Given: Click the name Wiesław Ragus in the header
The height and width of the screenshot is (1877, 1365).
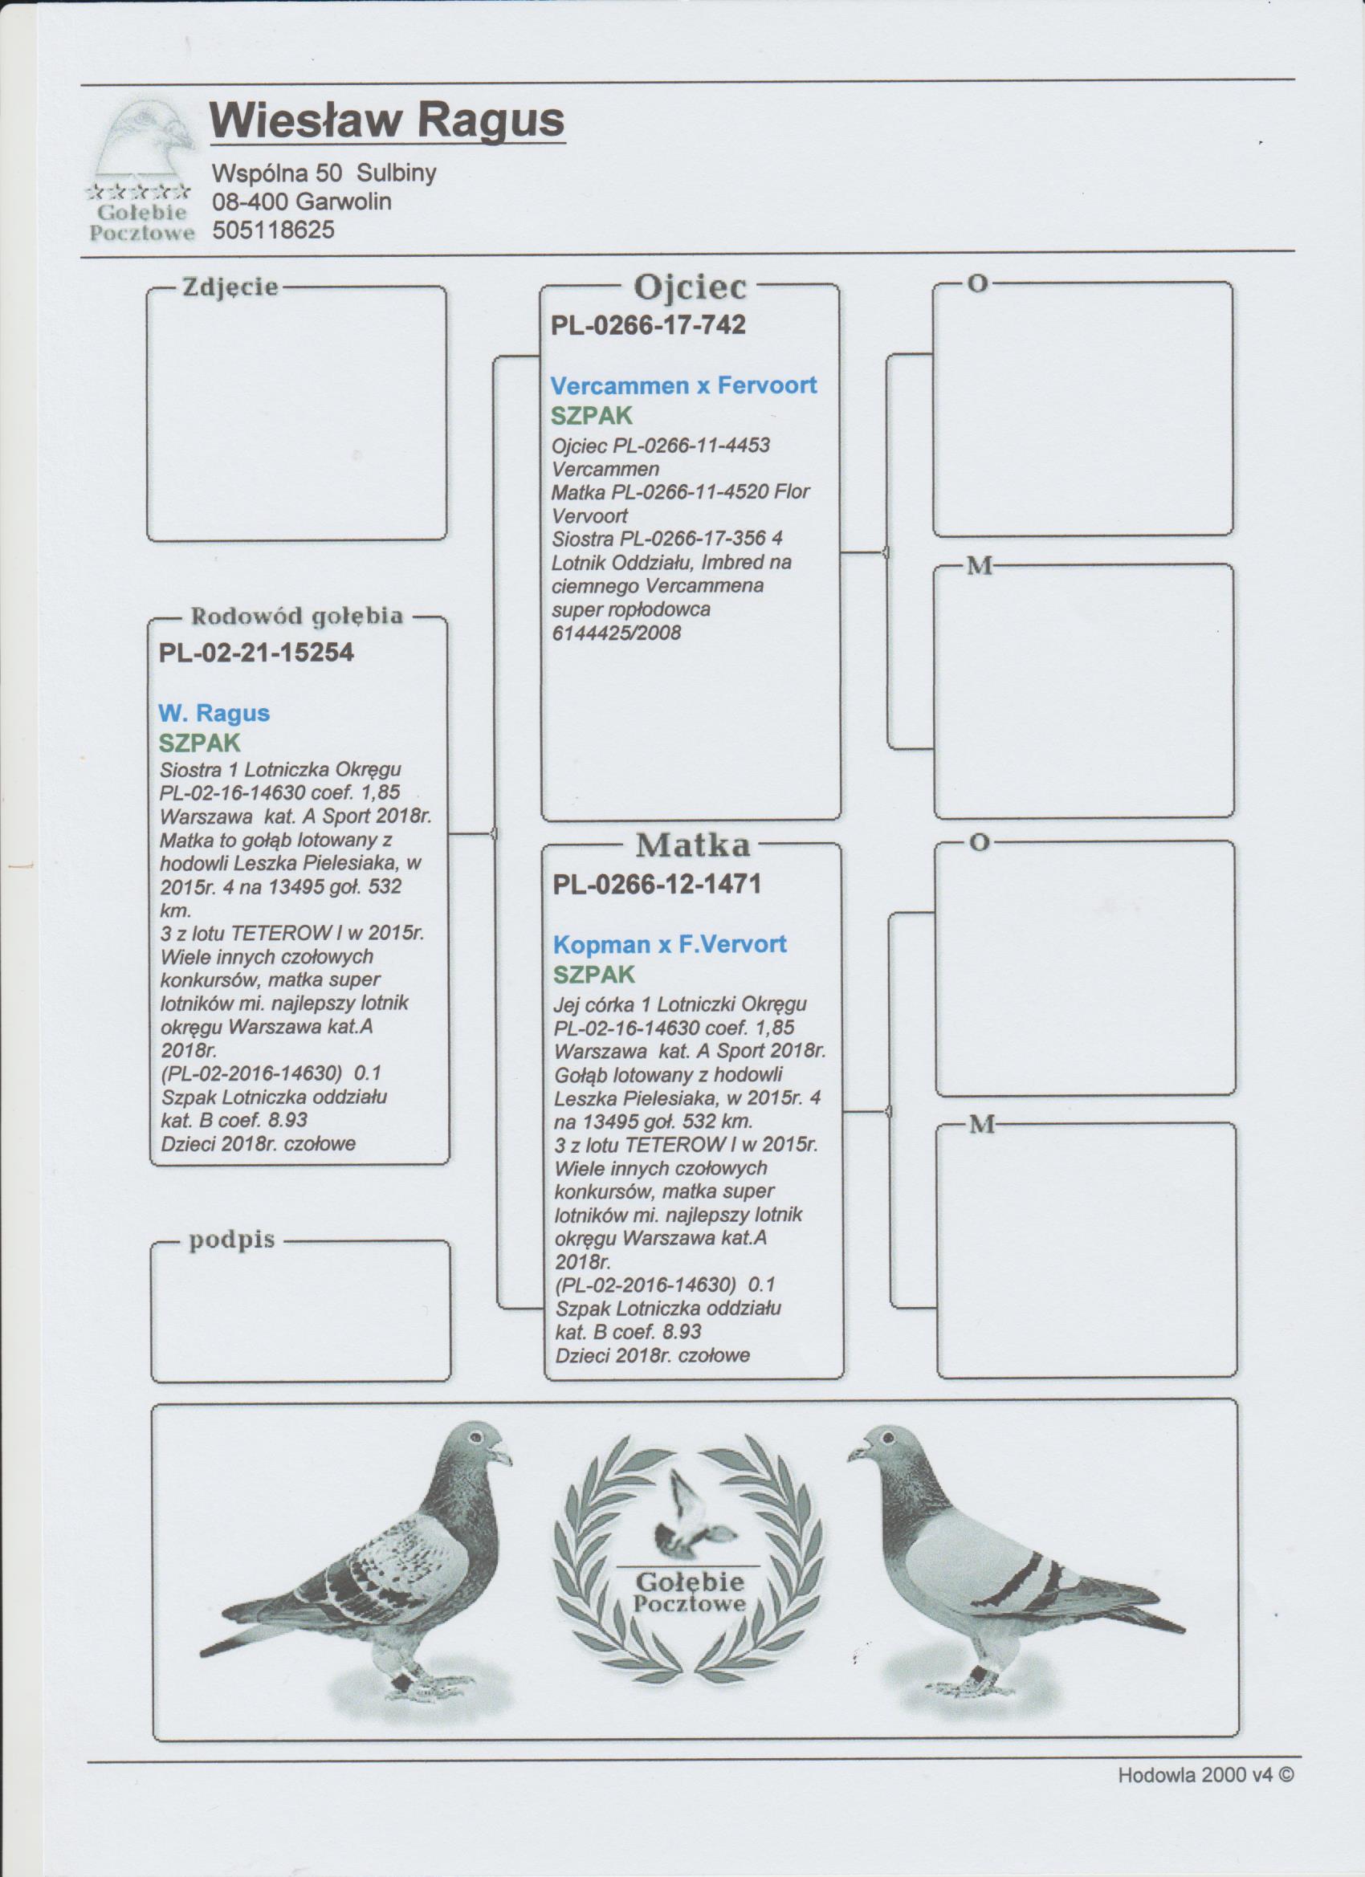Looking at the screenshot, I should [387, 122].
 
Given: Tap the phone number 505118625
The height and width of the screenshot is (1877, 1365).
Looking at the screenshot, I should [273, 231].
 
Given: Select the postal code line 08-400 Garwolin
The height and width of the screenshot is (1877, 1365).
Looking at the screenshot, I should [301, 202].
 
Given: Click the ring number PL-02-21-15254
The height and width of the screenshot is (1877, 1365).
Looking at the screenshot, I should [256, 653].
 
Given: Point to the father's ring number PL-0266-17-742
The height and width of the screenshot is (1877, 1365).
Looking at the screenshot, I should [648, 325].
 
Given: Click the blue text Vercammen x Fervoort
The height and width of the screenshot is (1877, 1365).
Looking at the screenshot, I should [684, 385].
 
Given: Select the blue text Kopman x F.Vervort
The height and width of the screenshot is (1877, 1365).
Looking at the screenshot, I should [669, 944].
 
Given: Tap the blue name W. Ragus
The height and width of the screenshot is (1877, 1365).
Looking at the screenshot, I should [214, 714].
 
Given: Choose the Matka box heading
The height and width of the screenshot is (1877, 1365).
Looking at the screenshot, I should [693, 846].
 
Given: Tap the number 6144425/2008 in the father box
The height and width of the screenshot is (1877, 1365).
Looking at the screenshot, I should [616, 633].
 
